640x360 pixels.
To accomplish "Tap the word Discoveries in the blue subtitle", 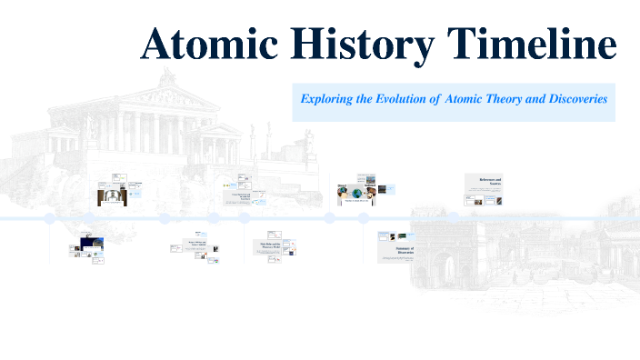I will [x=570, y=98].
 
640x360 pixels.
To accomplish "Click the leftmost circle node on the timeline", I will [x=49, y=218].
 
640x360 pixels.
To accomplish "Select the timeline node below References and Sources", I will [x=453, y=217].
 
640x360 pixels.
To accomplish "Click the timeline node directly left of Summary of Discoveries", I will [x=363, y=218].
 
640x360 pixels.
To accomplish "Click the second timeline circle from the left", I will [x=165, y=218].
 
